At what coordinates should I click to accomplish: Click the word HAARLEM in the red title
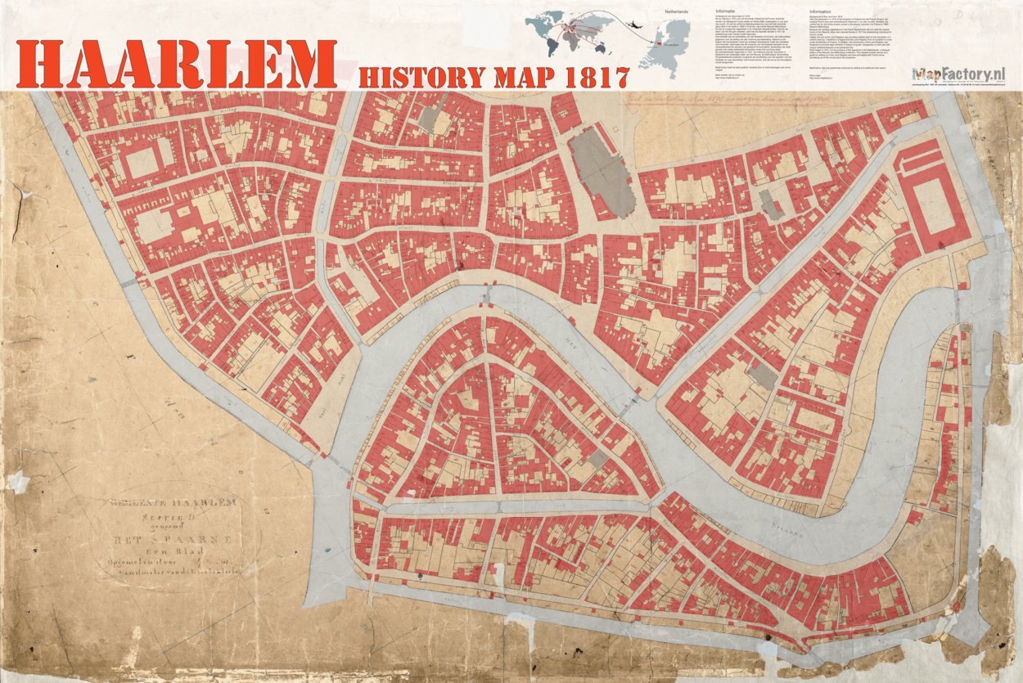176,63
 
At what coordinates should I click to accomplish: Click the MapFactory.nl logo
958,75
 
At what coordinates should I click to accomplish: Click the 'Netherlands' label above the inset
675,14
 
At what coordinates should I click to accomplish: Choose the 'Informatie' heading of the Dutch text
726,13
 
